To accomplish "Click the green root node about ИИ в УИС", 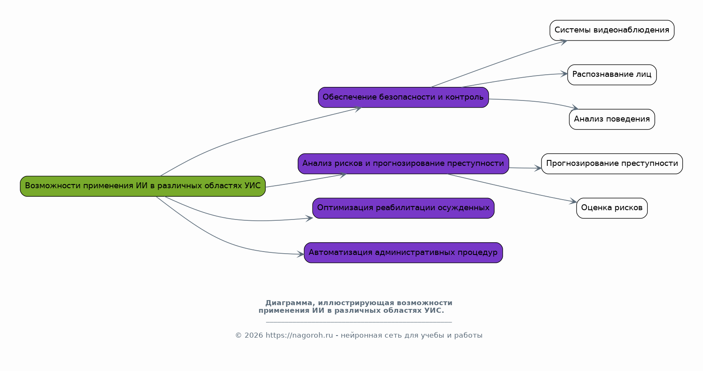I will click(x=143, y=186).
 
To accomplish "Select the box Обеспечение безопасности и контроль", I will click(x=403, y=97).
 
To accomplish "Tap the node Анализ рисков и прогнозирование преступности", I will click(x=403, y=164).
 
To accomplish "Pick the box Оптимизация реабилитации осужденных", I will click(x=403, y=208).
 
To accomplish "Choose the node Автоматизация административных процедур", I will click(x=403, y=253).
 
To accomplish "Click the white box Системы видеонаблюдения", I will click(x=611, y=30).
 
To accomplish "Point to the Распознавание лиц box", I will click(x=611, y=75).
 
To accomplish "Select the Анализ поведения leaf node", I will click(x=611, y=119).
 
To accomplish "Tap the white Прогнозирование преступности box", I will click(x=611, y=164).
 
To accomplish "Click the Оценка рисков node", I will click(x=611, y=208).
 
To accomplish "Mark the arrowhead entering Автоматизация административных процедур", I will click(x=301, y=254).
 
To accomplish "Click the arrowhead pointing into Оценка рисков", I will click(x=574, y=202).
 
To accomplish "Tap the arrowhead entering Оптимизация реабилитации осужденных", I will click(x=310, y=218).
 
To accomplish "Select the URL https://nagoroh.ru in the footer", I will click(x=299, y=336).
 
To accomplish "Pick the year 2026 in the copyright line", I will click(x=253, y=336).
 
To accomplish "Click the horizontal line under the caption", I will click(x=358, y=322).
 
